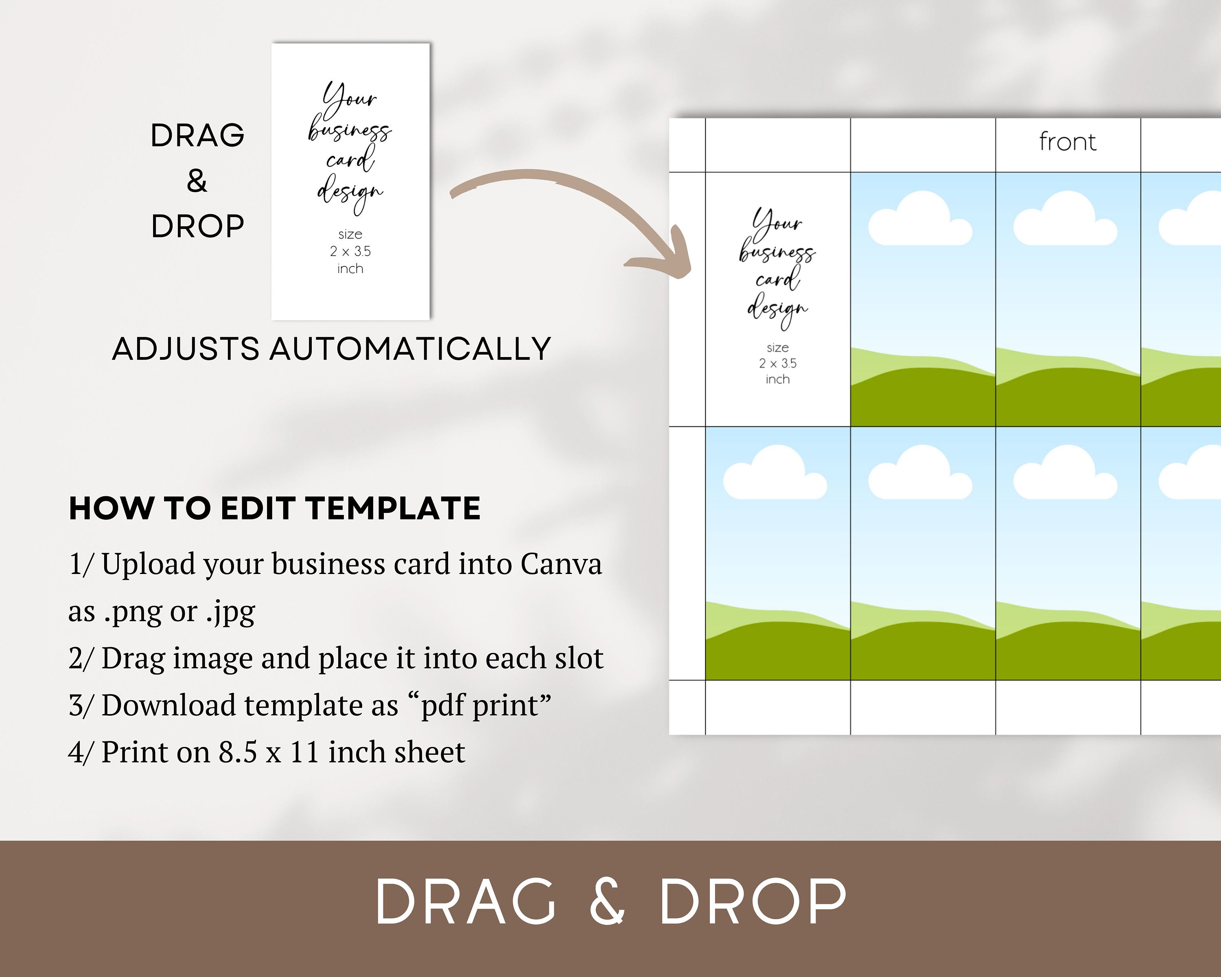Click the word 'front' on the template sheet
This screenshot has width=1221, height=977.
[1068, 142]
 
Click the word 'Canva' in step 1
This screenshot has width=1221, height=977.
[561, 564]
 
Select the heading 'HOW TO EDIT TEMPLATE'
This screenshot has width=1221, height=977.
[275, 508]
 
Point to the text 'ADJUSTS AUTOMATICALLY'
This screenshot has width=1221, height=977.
[331, 349]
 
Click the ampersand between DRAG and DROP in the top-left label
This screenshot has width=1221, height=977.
[197, 181]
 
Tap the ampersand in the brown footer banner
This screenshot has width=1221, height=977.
[607, 902]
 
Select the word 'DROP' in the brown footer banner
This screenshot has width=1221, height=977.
[753, 902]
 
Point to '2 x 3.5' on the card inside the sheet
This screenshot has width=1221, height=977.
[777, 364]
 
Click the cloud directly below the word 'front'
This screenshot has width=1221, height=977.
[1065, 221]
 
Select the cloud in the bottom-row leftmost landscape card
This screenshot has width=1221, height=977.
[775, 475]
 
